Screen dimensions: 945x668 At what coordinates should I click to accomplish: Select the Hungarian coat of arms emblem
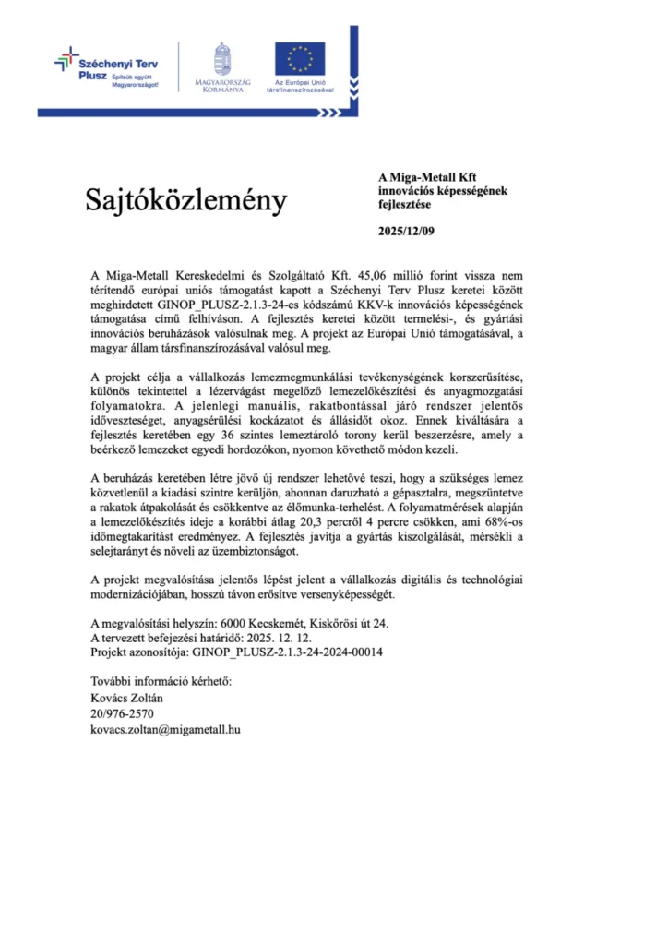click(221, 57)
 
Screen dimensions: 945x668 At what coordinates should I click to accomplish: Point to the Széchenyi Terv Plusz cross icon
click(66, 61)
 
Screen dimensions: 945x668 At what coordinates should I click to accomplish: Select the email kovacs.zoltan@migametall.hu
click(165, 729)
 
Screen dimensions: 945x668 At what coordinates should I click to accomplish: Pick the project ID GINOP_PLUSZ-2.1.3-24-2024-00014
click(287, 652)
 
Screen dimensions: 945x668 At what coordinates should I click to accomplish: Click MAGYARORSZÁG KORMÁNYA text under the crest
click(221, 88)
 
